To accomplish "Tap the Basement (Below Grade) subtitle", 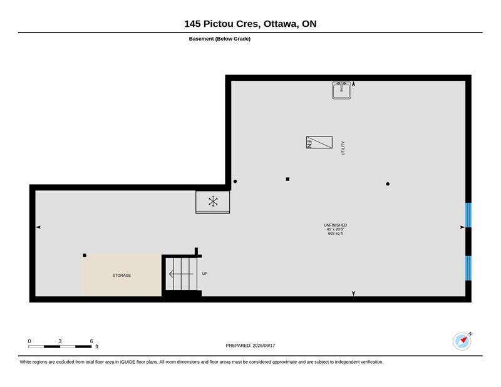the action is coord(220,39).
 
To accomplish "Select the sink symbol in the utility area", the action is coord(341,90).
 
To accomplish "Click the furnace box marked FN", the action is coord(319,142).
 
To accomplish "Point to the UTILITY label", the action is coord(343,148).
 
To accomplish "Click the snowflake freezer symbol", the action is coord(213,202).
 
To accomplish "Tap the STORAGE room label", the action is coord(121,276).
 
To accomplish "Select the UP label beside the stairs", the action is coord(205,274).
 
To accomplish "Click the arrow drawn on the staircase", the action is coord(181,274).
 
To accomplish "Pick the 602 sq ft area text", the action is coord(335,234).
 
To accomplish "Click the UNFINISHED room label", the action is coord(335,225).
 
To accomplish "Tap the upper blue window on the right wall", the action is coord(468,215).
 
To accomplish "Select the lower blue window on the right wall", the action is coord(468,268).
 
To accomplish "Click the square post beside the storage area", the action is coord(85,255).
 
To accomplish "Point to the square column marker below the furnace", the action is coord(287,179).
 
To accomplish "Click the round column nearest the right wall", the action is coord(388,184).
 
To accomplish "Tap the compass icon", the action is coord(462,341).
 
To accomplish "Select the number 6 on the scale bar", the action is coord(91,341).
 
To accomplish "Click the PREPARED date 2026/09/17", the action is coord(264,346).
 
